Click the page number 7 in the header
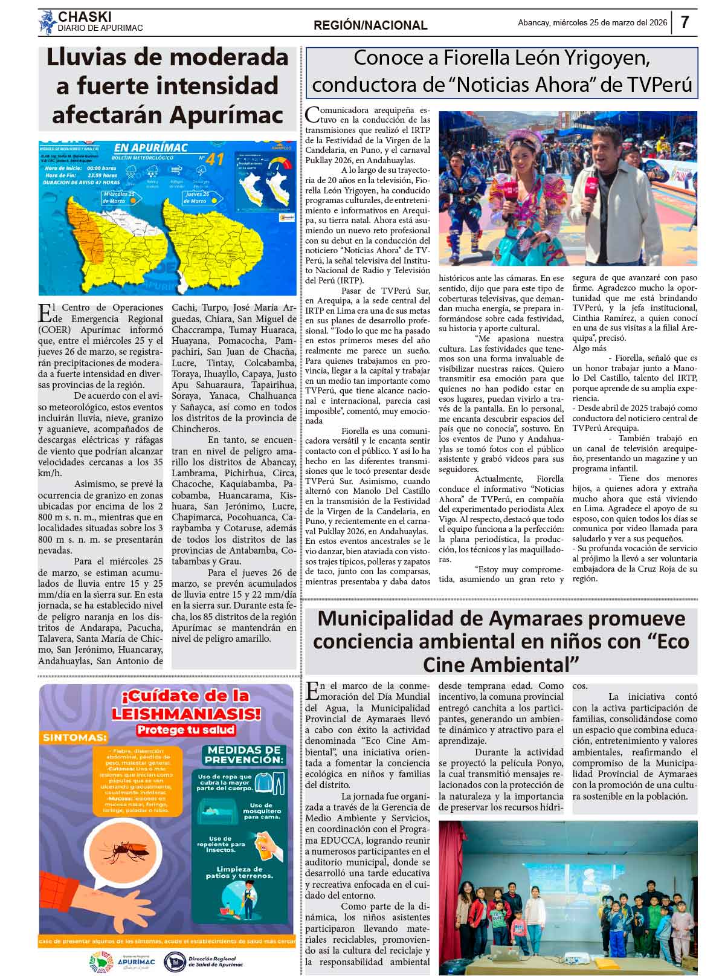tap(685, 22)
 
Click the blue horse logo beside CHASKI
tap(47, 23)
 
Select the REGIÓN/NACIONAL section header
tap(370, 25)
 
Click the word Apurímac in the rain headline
tap(227, 114)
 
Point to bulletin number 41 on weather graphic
tap(214, 159)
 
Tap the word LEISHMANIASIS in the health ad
tap(167, 715)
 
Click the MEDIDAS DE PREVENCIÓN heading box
tap(243, 755)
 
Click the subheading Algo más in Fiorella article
tap(590, 349)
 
